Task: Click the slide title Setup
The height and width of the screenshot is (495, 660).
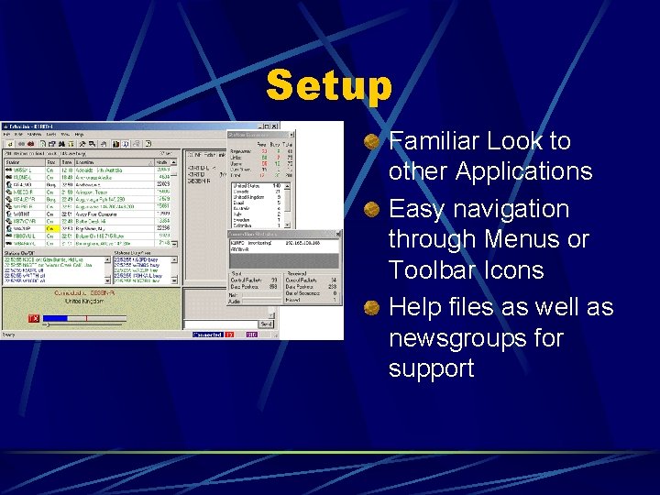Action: click(x=328, y=87)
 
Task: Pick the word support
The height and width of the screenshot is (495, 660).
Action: click(x=431, y=368)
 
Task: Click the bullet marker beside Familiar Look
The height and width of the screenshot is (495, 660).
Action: click(x=371, y=141)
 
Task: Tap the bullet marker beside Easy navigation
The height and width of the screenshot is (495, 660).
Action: click(x=371, y=209)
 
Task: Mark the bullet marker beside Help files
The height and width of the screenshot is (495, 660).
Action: click(x=371, y=307)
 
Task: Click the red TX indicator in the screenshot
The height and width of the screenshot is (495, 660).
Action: click(x=34, y=319)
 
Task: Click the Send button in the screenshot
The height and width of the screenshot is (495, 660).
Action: click(x=266, y=324)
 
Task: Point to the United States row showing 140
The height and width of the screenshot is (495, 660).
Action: click(x=257, y=184)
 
